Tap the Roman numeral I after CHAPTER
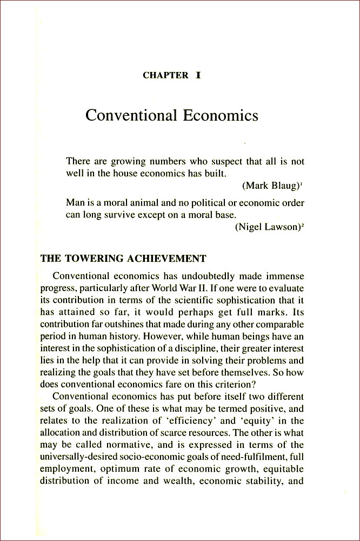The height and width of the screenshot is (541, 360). (198, 75)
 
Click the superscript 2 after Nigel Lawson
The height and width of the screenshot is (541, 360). (303, 226)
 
